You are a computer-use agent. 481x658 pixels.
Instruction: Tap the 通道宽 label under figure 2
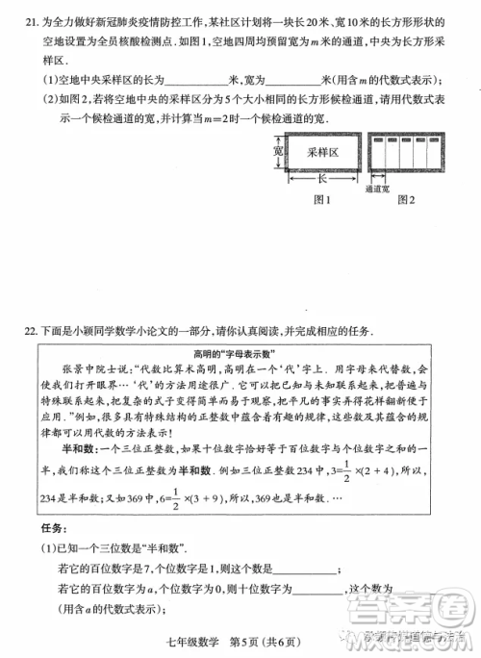point(378,190)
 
